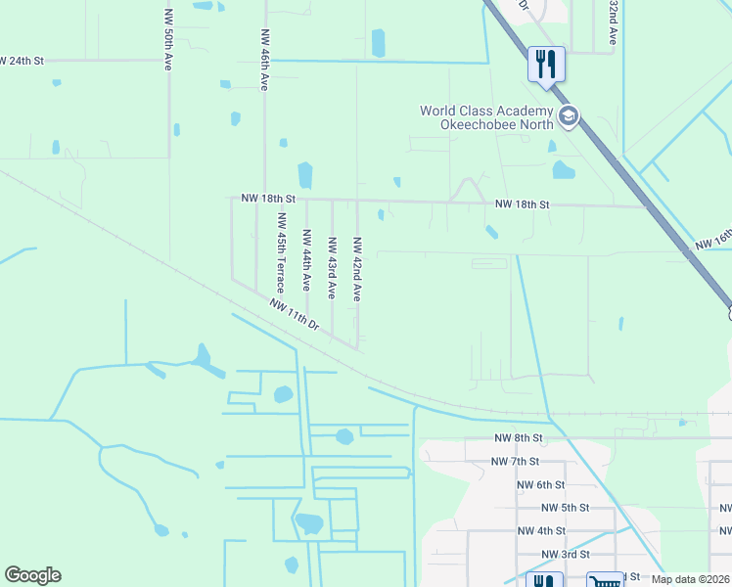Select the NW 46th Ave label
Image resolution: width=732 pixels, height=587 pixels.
[264, 60]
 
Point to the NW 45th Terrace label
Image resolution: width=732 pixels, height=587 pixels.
[281, 252]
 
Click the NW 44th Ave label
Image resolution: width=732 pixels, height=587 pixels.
[306, 260]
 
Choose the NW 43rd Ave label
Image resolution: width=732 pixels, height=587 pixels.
[332, 267]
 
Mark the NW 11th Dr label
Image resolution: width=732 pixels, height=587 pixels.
[295, 313]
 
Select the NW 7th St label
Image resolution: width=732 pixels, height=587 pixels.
[515, 461]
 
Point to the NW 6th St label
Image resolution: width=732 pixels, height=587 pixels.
[540, 484]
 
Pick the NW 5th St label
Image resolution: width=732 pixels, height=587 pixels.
[565, 508]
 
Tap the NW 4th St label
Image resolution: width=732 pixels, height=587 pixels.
[541, 531]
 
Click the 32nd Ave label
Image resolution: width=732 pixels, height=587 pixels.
[613, 22]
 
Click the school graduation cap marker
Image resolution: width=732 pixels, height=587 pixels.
[569, 118]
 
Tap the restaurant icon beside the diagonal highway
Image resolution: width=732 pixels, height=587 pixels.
[546, 65]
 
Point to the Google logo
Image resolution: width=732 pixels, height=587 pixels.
[32, 575]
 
